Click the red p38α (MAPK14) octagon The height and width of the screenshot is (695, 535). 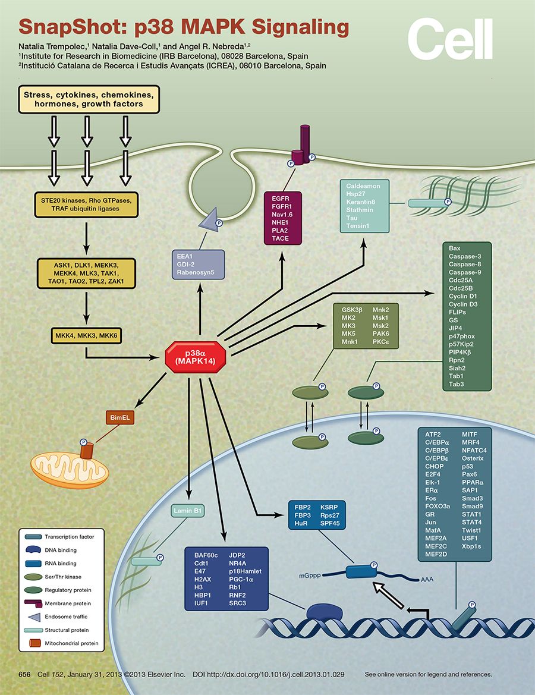pyautogui.click(x=195, y=357)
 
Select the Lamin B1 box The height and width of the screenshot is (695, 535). pyautogui.click(x=188, y=510)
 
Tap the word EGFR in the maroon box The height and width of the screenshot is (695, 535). pyautogui.click(x=279, y=199)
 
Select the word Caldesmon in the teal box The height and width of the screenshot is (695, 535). pyautogui.click(x=363, y=186)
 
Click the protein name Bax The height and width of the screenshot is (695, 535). pyautogui.click(x=455, y=247)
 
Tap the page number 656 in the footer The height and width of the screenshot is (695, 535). pyautogui.click(x=24, y=674)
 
